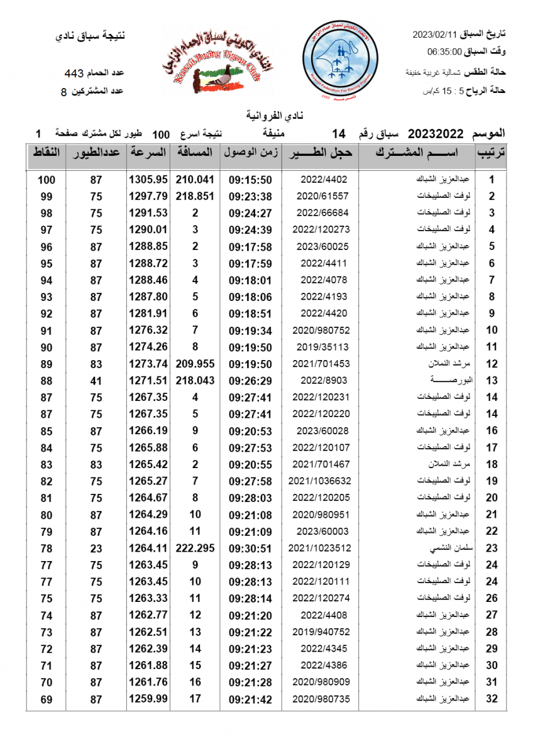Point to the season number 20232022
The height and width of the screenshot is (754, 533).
pos(436,134)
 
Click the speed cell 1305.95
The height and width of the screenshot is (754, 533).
pos(148,180)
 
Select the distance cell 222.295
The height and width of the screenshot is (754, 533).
pos(195,548)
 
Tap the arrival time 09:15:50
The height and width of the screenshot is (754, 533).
pos(250,180)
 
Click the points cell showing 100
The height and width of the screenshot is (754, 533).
pos(47,180)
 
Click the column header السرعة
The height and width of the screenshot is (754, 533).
pos(148,153)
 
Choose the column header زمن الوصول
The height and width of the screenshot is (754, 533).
pos(250,153)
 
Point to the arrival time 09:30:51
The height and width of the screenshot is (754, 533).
pos(250,548)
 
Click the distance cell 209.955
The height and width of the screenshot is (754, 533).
pos(195,364)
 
